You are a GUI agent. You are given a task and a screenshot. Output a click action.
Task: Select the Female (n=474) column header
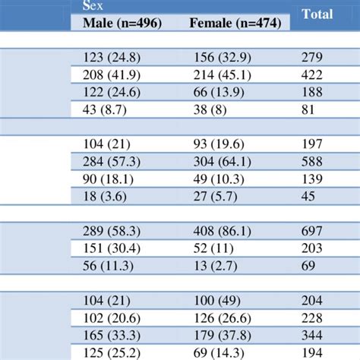(x=235, y=24)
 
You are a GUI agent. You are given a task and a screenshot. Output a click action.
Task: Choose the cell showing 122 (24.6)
(x=106, y=91)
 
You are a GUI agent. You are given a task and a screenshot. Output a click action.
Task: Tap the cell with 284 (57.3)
(x=106, y=160)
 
